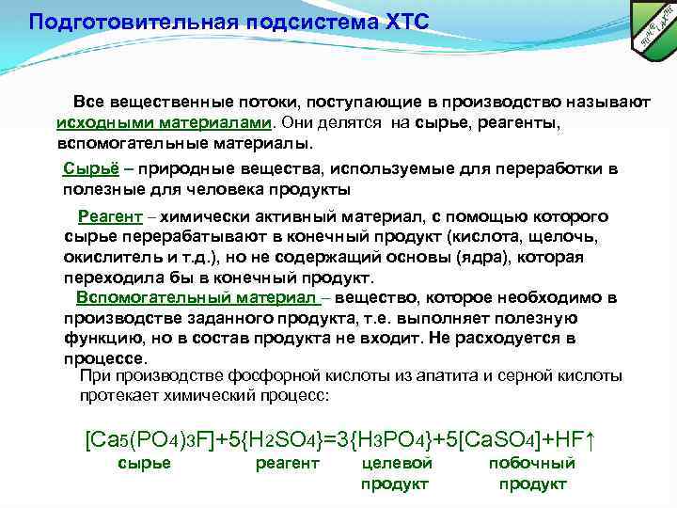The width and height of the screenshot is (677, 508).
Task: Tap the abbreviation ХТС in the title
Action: click(x=399, y=21)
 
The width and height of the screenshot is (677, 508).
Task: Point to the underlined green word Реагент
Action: click(x=109, y=215)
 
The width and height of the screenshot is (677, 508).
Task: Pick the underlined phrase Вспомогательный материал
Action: click(x=197, y=298)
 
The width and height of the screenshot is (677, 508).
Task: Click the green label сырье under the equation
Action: click(x=144, y=463)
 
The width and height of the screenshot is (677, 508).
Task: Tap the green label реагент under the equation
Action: click(x=287, y=463)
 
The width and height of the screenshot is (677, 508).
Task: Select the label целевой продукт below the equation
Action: click(x=396, y=473)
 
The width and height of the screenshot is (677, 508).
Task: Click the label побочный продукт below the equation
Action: click(x=532, y=473)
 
